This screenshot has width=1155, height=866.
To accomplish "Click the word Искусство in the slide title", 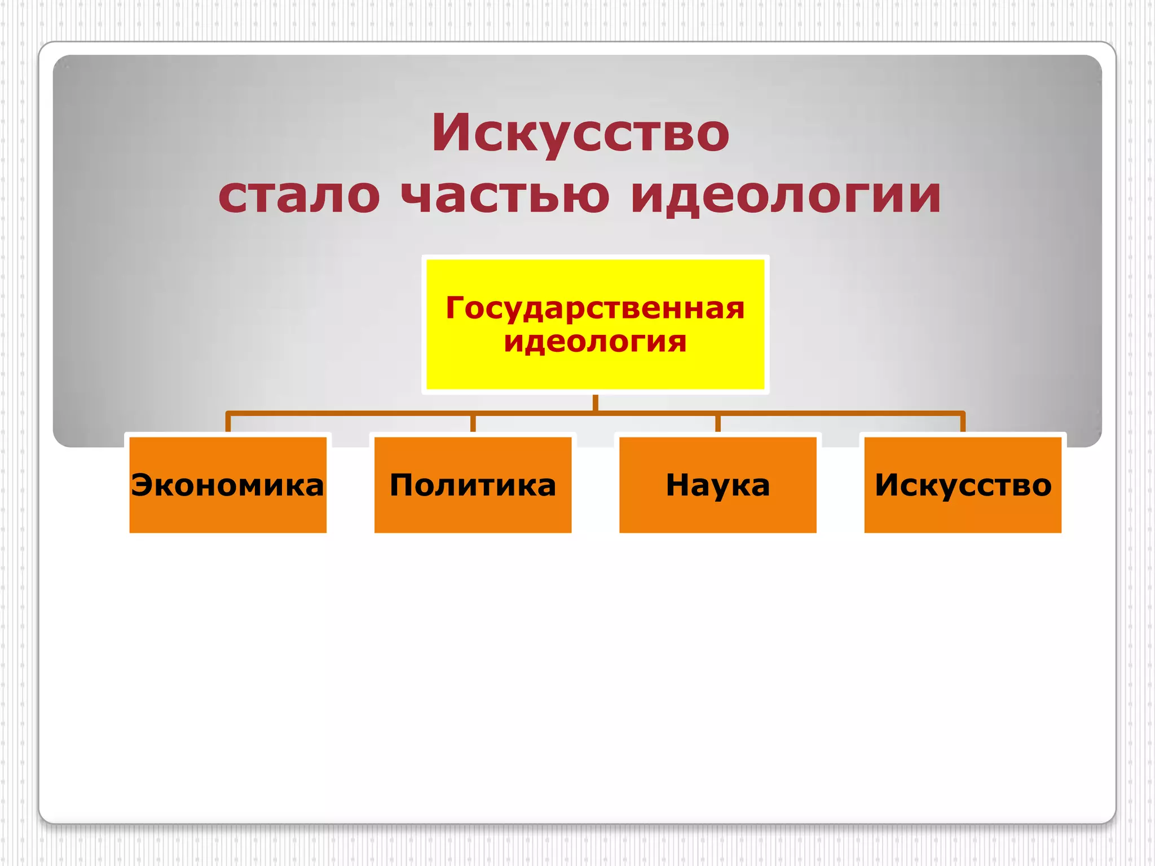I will click(580, 133).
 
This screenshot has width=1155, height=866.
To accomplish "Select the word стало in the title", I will click(299, 196).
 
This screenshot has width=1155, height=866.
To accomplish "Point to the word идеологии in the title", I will click(786, 196).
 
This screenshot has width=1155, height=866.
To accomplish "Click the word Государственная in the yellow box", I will click(595, 308).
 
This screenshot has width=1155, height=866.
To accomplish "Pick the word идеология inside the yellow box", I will click(595, 342).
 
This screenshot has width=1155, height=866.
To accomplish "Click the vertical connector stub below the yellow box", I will click(596, 403).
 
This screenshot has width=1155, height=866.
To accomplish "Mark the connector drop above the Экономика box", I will click(228, 423).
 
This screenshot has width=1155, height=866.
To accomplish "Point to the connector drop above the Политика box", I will click(473, 423).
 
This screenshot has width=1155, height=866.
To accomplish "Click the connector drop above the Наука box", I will click(718, 423).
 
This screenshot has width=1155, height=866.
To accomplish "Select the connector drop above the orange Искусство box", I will click(963, 423).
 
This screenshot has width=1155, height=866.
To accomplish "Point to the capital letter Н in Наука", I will click(678, 484).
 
